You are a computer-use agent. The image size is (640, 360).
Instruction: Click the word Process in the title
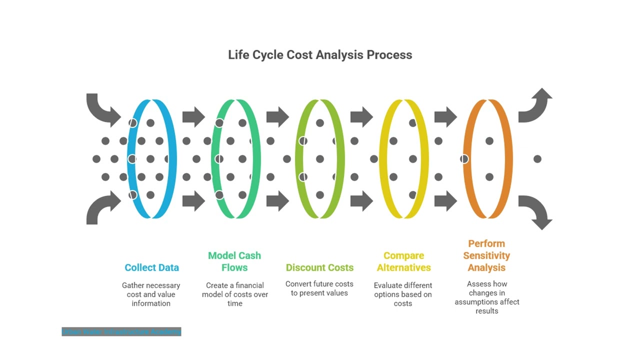pos(389,54)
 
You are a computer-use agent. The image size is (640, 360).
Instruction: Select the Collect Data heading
pos(151,267)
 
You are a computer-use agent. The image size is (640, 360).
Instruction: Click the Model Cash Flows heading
pos(234,261)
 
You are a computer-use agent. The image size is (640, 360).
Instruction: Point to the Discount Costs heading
pos(319,267)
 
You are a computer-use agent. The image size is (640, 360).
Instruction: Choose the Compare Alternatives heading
pos(403,261)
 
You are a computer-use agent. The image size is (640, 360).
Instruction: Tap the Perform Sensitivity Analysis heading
pos(486,255)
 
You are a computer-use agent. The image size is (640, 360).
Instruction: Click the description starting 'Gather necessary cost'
pos(151,294)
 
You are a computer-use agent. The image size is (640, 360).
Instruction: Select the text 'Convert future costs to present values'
pos(319,288)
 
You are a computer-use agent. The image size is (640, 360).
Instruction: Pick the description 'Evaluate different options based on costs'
pos(403,294)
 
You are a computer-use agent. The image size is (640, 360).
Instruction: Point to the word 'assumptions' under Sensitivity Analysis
pos(487,302)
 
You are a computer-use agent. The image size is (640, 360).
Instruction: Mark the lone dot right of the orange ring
pos(537,159)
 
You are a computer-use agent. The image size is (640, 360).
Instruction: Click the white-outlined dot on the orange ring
pos(464,159)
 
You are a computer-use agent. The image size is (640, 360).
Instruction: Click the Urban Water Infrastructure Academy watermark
pos(121,331)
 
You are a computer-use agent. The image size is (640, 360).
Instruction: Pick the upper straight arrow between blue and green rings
pos(193,117)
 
